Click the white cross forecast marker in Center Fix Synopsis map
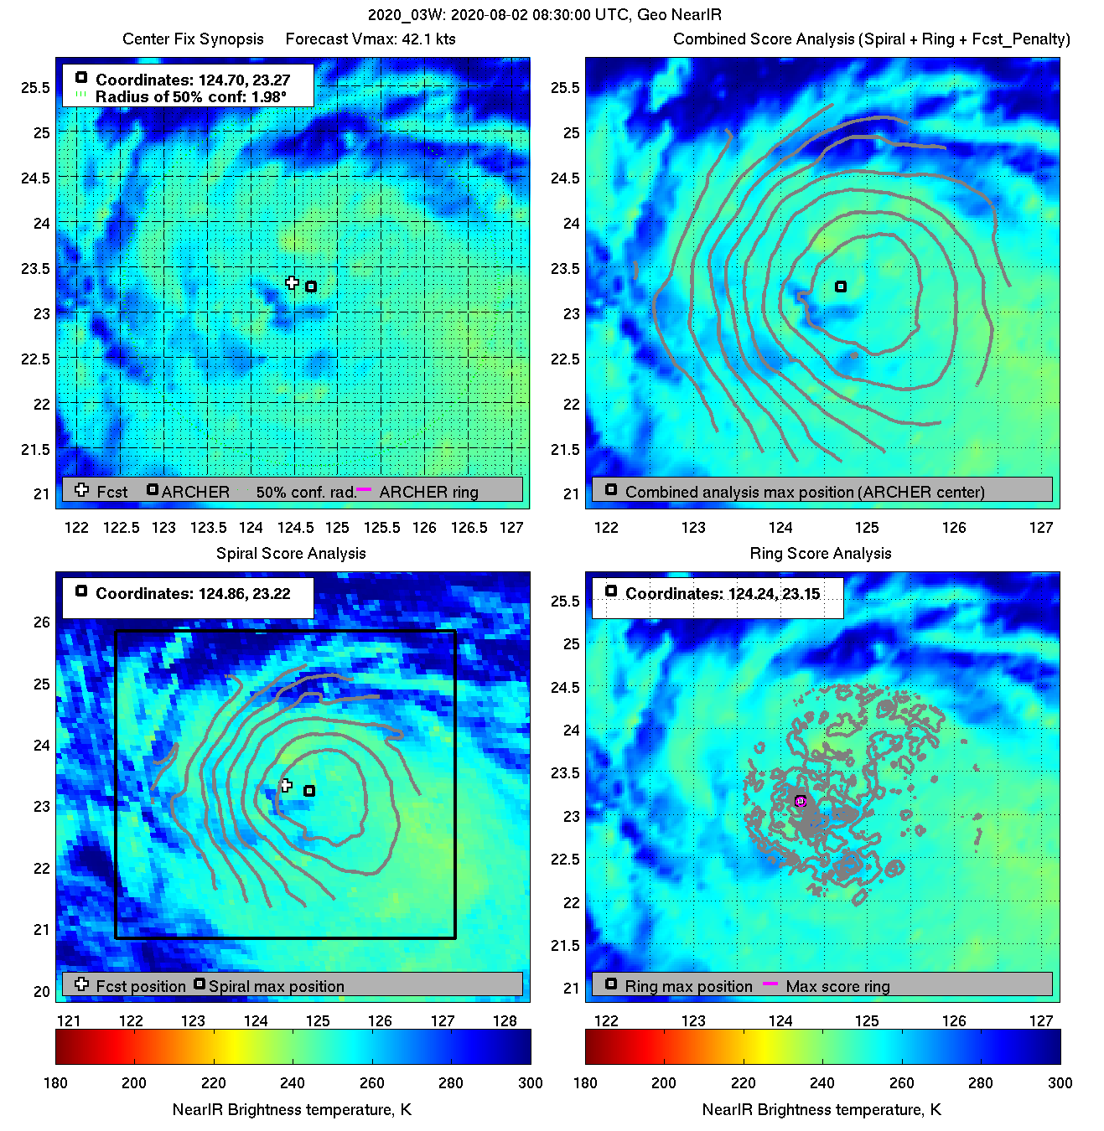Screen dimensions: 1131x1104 coord(292,282)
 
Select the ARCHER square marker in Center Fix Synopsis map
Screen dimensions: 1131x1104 coord(311,287)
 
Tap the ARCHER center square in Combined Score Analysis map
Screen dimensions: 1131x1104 coord(841,287)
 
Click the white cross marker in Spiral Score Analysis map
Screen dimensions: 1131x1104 coord(286,785)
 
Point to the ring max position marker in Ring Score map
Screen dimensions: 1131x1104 coord(801,801)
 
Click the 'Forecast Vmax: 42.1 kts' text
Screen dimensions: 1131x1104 coord(371,39)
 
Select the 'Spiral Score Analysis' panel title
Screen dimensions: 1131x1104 coord(291,553)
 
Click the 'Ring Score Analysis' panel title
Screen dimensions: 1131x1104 coord(821,553)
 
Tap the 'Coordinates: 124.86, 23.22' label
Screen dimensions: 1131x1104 coord(193,593)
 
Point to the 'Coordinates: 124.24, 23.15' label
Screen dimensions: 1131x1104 coord(723,593)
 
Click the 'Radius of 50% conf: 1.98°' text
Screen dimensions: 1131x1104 coord(191,96)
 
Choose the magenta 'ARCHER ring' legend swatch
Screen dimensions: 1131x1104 coord(364,488)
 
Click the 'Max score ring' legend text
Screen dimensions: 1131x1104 coord(837,986)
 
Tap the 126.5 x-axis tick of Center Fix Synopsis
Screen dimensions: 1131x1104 coord(469,527)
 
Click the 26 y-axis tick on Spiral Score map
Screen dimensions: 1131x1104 coord(42,622)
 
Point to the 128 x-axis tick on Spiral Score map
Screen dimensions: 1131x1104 coord(505,1020)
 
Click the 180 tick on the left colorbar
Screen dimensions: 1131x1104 coord(55,1082)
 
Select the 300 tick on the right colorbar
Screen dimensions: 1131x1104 coord(1060,1082)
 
